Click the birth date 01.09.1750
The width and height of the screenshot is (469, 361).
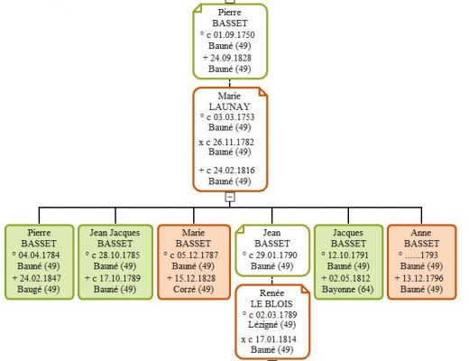tap(234, 35)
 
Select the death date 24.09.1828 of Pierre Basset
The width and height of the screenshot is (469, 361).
tap(231, 58)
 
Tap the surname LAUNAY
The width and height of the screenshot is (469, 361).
tap(230, 106)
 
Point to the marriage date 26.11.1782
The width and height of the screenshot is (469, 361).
tap(234, 142)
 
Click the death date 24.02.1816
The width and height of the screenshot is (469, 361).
tap(234, 171)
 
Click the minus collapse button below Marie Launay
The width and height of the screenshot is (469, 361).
tap(230, 197)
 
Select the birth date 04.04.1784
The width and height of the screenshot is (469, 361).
tap(39, 255)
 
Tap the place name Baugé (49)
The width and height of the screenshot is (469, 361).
tap(39, 289)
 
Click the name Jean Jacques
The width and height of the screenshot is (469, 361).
tap(115, 233)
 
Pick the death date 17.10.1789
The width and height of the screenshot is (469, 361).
tap(120, 278)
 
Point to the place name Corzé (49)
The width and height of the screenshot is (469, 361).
tap(193, 289)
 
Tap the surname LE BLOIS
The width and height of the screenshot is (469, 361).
tap(271, 303)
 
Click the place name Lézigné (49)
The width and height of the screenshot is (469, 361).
tap(271, 325)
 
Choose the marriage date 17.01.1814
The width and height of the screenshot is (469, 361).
tap(276, 339)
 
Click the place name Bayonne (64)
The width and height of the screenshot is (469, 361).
tap(348, 289)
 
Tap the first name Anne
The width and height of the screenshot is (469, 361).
tap(421, 233)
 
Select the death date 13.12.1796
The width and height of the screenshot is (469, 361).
tap(423, 278)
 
